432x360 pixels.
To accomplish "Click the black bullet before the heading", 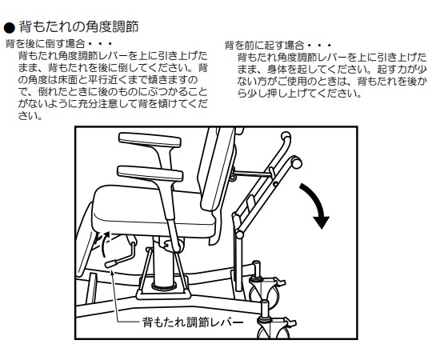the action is point(10,27).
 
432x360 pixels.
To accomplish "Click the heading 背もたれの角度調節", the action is point(78,27).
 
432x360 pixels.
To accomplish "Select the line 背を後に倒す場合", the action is point(58,44).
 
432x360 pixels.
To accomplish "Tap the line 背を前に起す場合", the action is point(278,45).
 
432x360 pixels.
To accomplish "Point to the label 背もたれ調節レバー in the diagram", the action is point(193,322).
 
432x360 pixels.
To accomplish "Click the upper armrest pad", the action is point(150,140).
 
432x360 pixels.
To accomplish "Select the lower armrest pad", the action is point(150,173).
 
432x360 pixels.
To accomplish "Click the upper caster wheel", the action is point(266,292).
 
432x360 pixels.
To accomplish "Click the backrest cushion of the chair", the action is point(218,170).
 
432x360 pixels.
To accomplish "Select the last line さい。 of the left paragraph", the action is point(30,116).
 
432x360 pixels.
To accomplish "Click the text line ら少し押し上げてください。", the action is point(299,94).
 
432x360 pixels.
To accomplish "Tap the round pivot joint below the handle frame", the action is point(239,235).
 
